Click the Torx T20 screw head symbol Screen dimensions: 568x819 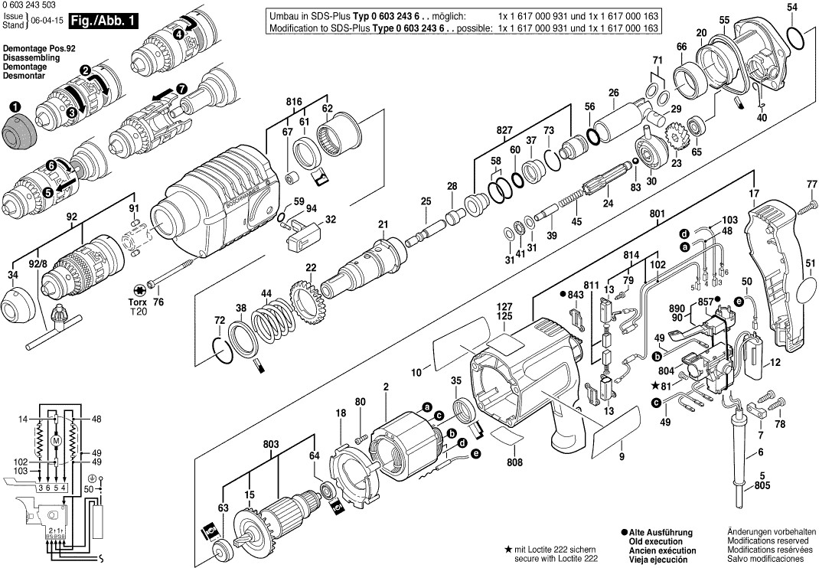click(x=140, y=289)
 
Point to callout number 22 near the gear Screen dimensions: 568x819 click(x=311, y=267)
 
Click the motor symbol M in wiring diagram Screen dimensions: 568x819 click(x=54, y=441)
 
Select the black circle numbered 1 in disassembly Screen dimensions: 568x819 click(x=15, y=108)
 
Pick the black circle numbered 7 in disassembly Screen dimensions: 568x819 click(x=181, y=88)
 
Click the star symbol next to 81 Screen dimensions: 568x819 click(x=655, y=384)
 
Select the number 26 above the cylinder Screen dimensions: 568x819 click(x=612, y=93)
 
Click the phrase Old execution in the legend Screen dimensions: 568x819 click(x=661, y=541)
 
